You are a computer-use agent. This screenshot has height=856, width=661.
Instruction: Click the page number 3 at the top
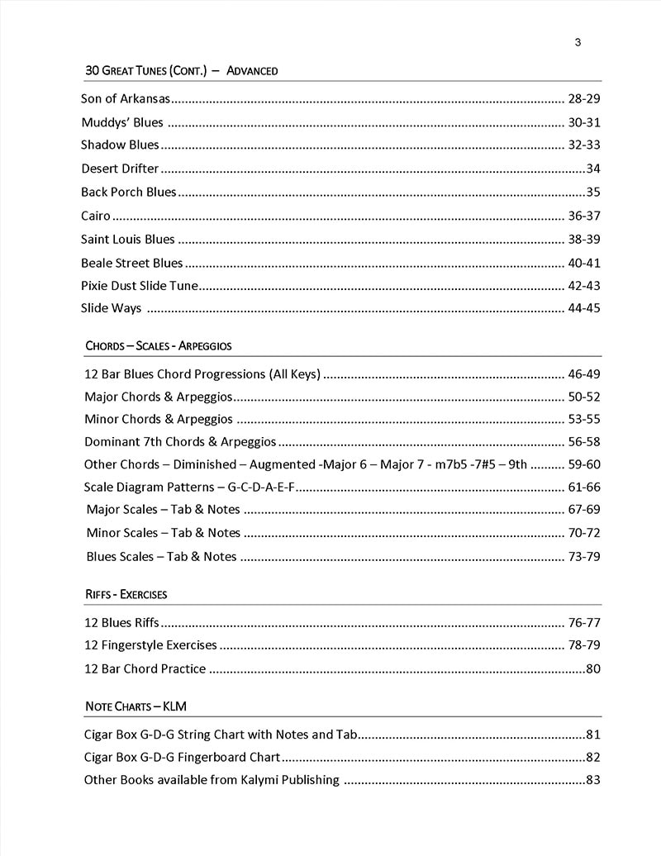[x=578, y=43]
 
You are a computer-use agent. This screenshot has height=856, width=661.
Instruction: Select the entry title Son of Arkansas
[x=126, y=99]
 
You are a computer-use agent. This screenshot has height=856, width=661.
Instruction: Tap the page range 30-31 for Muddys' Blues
[x=583, y=123]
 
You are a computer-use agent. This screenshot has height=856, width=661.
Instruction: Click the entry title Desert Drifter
[x=120, y=169]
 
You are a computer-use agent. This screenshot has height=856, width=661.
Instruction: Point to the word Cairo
[x=96, y=216]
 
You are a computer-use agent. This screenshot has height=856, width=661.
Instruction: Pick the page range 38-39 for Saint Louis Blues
[x=583, y=240]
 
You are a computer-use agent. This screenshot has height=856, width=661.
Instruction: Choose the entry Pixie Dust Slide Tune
[x=140, y=286]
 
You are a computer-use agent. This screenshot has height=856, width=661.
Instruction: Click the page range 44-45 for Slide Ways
[x=583, y=309]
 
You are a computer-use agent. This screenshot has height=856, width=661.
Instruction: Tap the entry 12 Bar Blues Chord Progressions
[x=202, y=374]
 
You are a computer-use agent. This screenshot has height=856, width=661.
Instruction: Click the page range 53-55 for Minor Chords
[x=583, y=420]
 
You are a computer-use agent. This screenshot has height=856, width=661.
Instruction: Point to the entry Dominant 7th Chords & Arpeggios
[x=180, y=442]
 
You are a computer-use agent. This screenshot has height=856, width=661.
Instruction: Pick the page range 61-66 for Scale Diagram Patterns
[x=583, y=487]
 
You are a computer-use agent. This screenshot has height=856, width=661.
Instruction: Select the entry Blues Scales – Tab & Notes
[x=161, y=557]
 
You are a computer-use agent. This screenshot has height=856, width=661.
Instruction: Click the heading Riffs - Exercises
[x=126, y=594]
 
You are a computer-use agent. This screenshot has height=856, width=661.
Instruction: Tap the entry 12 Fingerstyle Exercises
[x=150, y=645]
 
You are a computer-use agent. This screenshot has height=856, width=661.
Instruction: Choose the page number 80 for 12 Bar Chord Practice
[x=592, y=669]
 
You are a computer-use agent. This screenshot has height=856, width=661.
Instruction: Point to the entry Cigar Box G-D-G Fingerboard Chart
[x=183, y=758]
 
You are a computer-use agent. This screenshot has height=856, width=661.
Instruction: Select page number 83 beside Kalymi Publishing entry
[x=592, y=780]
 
